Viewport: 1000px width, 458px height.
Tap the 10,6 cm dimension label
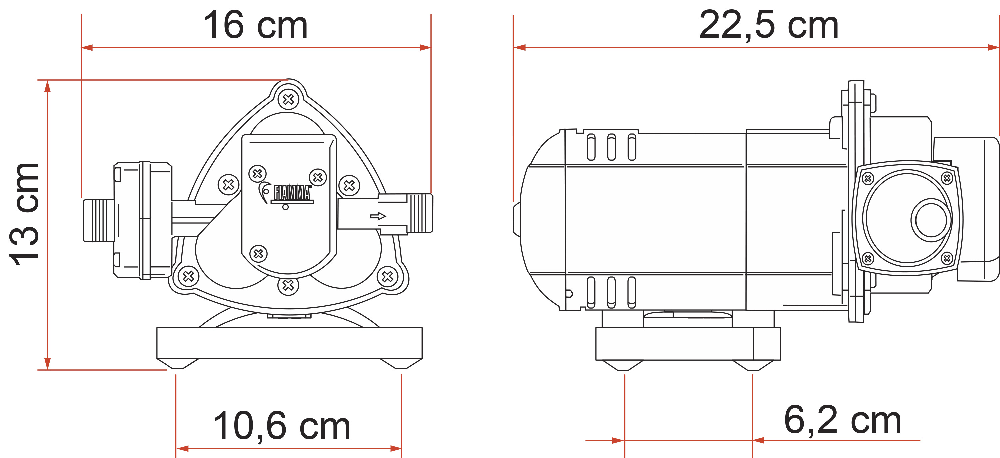point(281,426)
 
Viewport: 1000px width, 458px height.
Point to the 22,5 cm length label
point(768,25)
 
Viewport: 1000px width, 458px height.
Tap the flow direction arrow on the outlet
point(378,215)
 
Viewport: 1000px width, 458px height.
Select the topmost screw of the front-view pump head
point(289,98)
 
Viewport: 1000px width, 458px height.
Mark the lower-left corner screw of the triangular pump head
point(186,276)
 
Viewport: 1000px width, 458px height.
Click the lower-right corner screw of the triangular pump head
point(388,276)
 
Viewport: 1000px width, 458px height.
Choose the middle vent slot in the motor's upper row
point(609,146)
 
